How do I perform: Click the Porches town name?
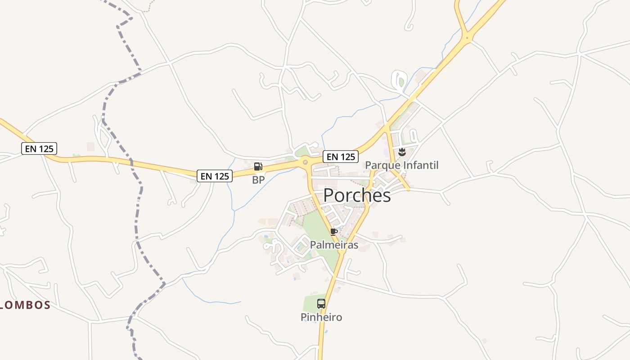point(357,195)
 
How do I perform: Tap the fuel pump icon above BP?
point(258,166)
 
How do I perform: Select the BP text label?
point(258,180)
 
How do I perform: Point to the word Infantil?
point(420,165)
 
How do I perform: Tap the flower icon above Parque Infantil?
point(402,152)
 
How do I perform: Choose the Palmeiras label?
point(334,245)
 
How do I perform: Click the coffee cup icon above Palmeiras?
point(333,232)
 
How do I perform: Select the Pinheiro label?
point(321,317)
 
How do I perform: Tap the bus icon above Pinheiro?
point(321,304)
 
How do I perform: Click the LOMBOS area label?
point(25,305)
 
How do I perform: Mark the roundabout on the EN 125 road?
point(306,162)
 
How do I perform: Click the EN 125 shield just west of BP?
point(215,176)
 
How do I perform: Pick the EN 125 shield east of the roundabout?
point(341,157)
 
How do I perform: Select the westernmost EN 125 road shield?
point(39,148)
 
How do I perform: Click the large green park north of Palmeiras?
point(320,234)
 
